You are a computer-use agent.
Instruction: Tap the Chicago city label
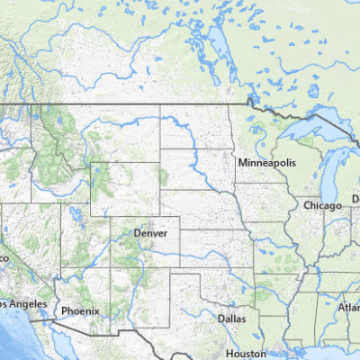tap(322, 205)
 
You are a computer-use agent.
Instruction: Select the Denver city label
tap(150, 232)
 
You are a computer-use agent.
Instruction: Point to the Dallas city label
tap(231, 318)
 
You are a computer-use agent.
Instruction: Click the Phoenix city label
tap(80, 310)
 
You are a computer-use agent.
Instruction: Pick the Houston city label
tap(246, 353)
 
